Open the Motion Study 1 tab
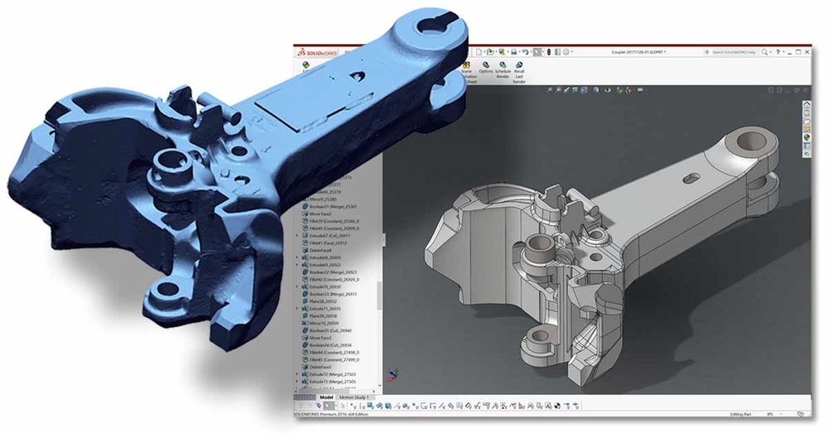[356, 397]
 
